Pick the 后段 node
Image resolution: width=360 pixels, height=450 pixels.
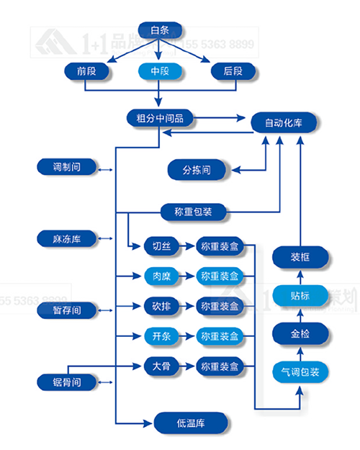[232, 71]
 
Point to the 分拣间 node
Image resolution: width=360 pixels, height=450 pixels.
[196, 170]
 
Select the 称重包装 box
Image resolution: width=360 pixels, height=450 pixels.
[192, 212]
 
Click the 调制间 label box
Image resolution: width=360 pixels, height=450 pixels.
[67, 167]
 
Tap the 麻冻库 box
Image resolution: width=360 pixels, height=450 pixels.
[67, 238]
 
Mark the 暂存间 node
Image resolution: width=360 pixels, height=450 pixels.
[67, 310]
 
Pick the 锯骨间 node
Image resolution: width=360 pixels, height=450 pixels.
[67, 380]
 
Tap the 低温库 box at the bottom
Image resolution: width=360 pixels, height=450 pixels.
[191, 422]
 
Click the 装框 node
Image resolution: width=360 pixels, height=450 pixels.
[300, 256]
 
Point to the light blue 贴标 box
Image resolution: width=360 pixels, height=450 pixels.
[300, 294]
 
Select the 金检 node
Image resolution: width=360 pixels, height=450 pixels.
[300, 333]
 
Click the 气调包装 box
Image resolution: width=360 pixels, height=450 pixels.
[300, 372]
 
